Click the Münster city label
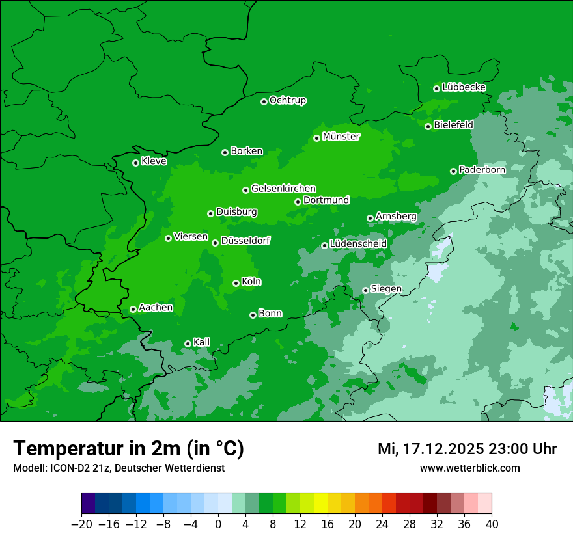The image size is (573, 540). tap(341, 137)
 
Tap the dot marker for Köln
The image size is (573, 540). tap(236, 283)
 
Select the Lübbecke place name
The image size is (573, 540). tap(464, 87)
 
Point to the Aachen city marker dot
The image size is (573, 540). tap(133, 309)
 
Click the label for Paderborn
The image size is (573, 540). tap(482, 170)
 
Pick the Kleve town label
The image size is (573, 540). tap(154, 161)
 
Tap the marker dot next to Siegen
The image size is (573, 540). tap(365, 290)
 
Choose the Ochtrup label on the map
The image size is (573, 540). tap(288, 100)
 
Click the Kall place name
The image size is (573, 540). tap(202, 342)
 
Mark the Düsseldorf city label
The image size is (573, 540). tap(245, 241)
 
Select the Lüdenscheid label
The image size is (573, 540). tap(358, 244)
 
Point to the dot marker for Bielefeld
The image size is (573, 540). tap(428, 126)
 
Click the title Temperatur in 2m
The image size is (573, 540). tap(128, 449)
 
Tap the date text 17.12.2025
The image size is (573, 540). tap(443, 449)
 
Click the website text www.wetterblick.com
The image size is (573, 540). tap(469, 468)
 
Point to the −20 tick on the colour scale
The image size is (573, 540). tap(82, 524)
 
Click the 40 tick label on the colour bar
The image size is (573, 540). tap(492, 524)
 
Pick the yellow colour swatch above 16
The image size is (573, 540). tap(327, 504)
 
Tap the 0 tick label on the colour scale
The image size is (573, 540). tap(218, 524)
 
